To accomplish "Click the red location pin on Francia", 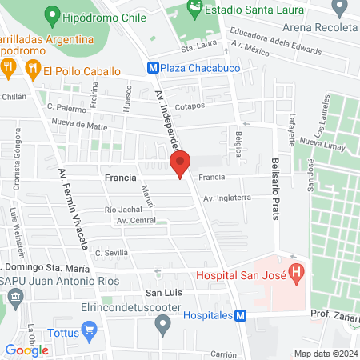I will click(181, 163).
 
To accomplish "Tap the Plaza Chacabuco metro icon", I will click(153, 69).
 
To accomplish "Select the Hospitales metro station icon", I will click(239, 315).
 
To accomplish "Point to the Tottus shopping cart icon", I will click(90, 329).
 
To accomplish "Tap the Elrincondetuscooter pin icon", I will click(164, 324).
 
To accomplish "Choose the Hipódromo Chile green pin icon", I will click(53, 14).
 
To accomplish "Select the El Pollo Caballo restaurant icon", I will click(32, 70).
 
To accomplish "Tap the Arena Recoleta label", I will click(314, 30).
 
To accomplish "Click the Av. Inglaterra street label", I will click(227, 198).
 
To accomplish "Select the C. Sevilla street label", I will click(113, 252).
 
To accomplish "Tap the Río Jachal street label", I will click(123, 209).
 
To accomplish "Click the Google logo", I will click(26, 350).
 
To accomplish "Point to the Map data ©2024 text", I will click(324, 354).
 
